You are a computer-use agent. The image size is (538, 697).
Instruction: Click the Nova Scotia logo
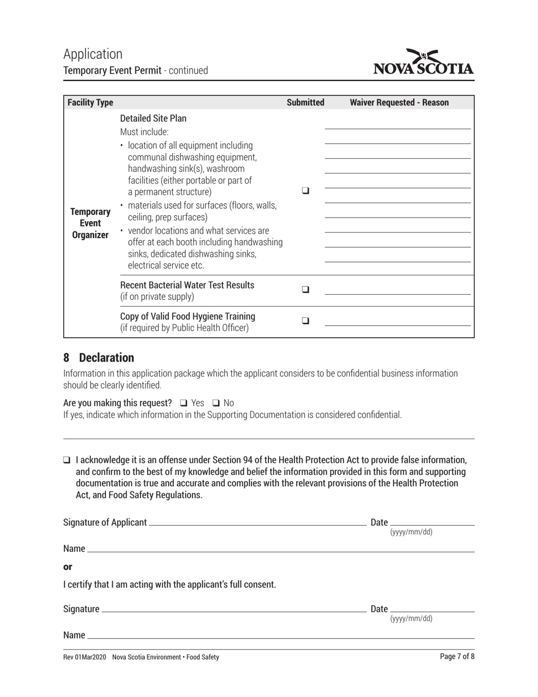(424, 63)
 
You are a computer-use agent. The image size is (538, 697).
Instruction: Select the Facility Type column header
(91, 103)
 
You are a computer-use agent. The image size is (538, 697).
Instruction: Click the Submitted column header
(305, 103)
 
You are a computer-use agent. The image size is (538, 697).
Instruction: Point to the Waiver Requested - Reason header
(399, 103)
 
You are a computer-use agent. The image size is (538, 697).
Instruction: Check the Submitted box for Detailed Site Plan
(306, 191)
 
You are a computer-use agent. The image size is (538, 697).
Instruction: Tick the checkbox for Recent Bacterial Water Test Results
(306, 289)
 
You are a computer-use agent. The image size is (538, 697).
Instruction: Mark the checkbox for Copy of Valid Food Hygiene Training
(306, 320)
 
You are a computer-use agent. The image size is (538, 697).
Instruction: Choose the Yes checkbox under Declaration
(183, 403)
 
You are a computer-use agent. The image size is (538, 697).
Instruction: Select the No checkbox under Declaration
(216, 403)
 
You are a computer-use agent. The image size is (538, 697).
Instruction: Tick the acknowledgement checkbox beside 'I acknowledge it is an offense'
(67, 460)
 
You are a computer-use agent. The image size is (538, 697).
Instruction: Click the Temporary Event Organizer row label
(90, 223)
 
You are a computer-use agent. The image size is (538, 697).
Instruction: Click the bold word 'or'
(67, 567)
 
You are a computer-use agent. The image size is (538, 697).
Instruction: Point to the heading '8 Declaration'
(99, 358)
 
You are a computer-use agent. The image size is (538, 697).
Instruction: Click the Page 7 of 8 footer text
(457, 657)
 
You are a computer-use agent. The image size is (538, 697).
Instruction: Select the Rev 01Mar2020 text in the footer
(84, 657)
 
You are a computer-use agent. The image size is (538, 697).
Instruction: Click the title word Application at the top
(93, 54)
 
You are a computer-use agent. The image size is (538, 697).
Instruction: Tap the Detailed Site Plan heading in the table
(153, 118)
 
